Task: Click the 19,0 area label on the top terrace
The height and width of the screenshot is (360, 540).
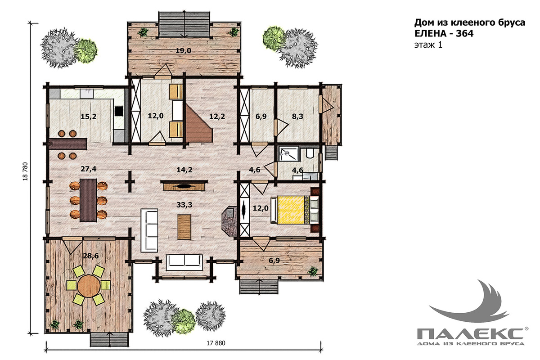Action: (183, 51)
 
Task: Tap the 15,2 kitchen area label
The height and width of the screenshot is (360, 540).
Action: (89, 117)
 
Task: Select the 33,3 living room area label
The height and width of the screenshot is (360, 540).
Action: (184, 205)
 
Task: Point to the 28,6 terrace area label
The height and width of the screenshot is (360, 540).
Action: (91, 256)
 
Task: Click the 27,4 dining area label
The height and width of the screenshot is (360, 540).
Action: (89, 169)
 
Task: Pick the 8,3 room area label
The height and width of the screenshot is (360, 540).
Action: (297, 117)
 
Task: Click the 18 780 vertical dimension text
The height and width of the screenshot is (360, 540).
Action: (25, 171)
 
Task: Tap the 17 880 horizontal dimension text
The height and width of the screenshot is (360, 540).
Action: (216, 343)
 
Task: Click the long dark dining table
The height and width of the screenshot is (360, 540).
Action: (88, 200)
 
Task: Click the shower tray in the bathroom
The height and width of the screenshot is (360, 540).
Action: (289, 153)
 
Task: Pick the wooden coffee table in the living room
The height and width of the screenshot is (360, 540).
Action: (184, 227)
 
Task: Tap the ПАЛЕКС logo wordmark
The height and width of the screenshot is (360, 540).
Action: (470, 334)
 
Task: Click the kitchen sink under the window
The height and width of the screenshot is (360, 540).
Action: (86, 93)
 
